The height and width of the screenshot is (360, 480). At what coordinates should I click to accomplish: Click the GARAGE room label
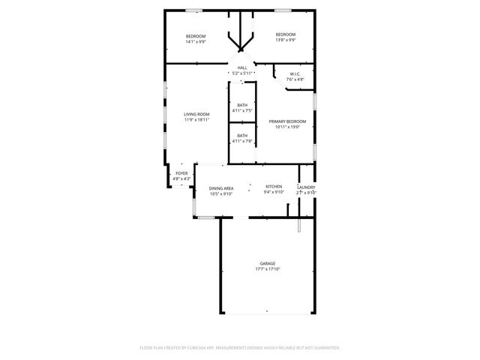pyautogui.click(x=267, y=263)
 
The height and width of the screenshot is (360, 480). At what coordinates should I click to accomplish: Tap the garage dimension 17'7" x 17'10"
pyautogui.click(x=267, y=268)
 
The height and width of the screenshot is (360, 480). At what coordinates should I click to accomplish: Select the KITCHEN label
pyautogui.click(x=274, y=186)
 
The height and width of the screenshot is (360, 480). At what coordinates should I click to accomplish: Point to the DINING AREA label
pyautogui.click(x=221, y=188)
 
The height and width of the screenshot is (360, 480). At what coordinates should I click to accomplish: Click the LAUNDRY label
pyautogui.click(x=306, y=187)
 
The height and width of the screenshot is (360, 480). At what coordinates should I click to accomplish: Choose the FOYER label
pyautogui.click(x=181, y=173)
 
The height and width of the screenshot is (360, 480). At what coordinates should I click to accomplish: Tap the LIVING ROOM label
pyautogui.click(x=196, y=114)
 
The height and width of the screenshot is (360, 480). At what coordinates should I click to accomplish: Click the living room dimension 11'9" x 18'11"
pyautogui.click(x=196, y=119)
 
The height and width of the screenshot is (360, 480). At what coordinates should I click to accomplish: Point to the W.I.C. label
pyautogui.click(x=294, y=73)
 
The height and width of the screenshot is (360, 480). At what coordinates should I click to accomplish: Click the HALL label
pyautogui.click(x=242, y=67)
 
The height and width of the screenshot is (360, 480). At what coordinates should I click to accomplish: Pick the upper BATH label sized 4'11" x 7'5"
pyautogui.click(x=242, y=105)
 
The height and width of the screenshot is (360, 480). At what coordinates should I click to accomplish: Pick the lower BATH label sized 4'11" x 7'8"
pyautogui.click(x=242, y=136)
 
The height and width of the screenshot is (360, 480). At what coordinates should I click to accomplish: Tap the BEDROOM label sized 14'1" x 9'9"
pyautogui.click(x=196, y=36)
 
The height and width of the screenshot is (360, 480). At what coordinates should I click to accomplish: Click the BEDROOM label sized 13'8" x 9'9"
pyautogui.click(x=285, y=34)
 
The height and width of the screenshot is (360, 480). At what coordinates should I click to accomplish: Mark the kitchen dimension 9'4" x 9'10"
pyautogui.click(x=274, y=192)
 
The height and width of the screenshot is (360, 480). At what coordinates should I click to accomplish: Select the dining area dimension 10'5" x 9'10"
pyautogui.click(x=221, y=193)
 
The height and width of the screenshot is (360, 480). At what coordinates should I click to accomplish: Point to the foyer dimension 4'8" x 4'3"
pyautogui.click(x=181, y=178)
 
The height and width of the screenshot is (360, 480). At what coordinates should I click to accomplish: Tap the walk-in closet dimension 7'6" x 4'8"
pyautogui.click(x=295, y=79)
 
